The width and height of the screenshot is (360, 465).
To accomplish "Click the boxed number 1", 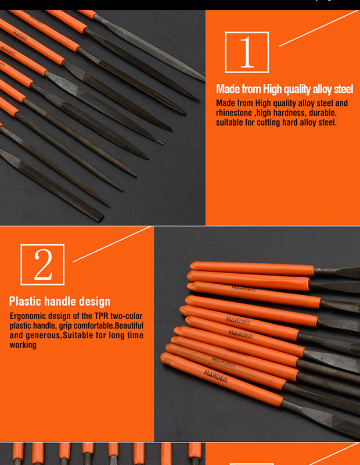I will (x=247, y=52).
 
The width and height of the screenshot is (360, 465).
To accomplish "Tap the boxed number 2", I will (x=42, y=265).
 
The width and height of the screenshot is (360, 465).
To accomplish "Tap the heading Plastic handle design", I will (x=59, y=302).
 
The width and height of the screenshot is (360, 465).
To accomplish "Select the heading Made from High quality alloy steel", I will (x=285, y=89).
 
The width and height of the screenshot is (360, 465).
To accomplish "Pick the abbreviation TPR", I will (x=96, y=316).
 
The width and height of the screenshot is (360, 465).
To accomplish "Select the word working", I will (x=23, y=345).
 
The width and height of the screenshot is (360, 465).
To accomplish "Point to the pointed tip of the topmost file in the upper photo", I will (x=204, y=80).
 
